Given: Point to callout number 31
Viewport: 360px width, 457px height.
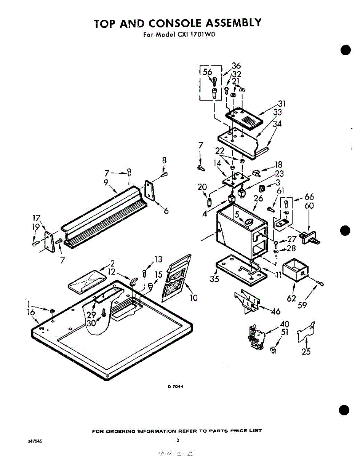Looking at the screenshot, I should click(x=282, y=104).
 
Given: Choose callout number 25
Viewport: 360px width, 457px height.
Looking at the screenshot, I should click(x=306, y=352).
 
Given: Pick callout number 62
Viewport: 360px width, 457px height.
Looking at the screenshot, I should click(x=291, y=299).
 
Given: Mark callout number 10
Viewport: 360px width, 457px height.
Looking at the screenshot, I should click(x=194, y=297).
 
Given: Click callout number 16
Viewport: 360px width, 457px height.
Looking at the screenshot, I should click(x=32, y=312).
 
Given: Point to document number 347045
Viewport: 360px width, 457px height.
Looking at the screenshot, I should click(x=35, y=441).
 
